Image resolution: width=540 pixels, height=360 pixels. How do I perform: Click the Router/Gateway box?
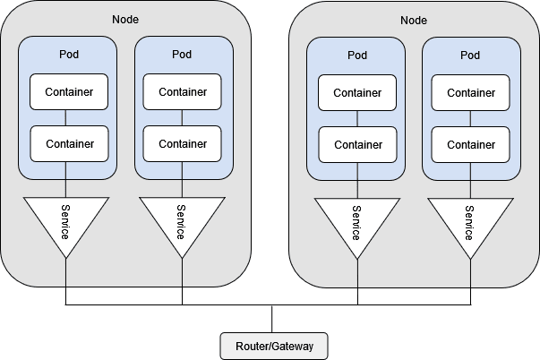(274, 346)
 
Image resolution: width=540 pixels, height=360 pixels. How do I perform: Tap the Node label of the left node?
(125, 20)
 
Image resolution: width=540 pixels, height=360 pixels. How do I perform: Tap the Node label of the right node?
(414, 21)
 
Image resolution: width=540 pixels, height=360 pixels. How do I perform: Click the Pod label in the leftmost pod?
(69, 54)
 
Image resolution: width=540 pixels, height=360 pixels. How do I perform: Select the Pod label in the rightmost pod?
(470, 56)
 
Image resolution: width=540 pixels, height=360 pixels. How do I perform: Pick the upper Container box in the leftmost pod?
(69, 92)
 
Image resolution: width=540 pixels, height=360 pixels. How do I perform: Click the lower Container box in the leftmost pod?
(70, 143)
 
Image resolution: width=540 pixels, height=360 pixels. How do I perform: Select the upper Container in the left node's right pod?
(182, 92)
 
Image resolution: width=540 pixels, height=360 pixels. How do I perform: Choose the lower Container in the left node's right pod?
(182, 143)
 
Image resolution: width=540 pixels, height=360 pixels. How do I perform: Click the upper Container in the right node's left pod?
(357, 92)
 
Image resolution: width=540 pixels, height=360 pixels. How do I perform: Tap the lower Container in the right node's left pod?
(358, 145)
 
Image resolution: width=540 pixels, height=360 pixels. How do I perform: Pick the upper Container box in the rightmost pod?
(470, 92)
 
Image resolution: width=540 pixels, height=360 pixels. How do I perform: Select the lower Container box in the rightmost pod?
(470, 145)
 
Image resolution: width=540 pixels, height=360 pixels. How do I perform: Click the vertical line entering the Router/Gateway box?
(272, 319)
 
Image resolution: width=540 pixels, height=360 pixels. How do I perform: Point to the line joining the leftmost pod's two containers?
(65, 118)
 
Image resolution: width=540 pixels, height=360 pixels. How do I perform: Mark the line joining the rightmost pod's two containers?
(470, 119)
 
